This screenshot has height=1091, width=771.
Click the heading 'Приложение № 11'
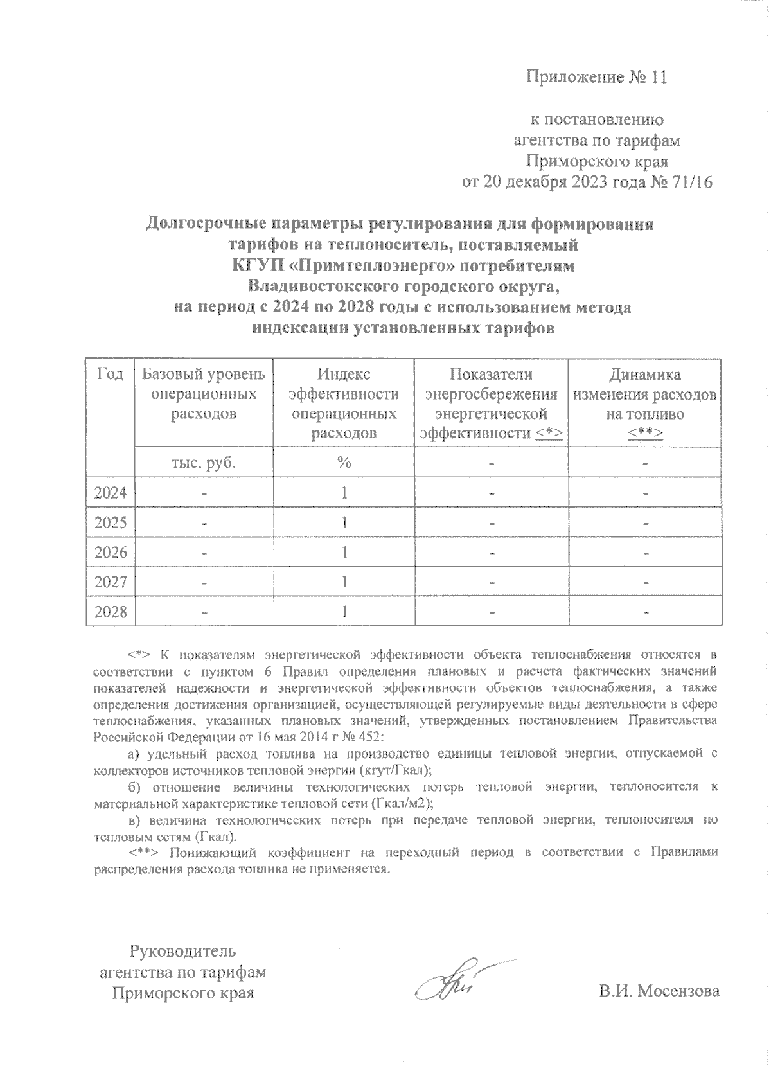click(x=597, y=78)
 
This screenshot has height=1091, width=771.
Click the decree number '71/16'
click(x=691, y=182)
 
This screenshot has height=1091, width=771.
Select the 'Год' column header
click(x=110, y=375)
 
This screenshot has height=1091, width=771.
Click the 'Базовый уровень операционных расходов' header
click(x=204, y=394)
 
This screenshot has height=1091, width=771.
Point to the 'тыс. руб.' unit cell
click(x=204, y=463)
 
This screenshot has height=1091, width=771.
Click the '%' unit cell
click(x=344, y=463)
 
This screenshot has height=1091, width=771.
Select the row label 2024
click(x=110, y=493)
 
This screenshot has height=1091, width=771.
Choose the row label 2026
click(x=110, y=552)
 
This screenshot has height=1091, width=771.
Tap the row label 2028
click(x=110, y=611)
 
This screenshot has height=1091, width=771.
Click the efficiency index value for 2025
click(x=344, y=522)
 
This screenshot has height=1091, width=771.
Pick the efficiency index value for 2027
click(x=344, y=581)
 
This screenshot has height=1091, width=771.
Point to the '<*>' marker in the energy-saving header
click(x=549, y=434)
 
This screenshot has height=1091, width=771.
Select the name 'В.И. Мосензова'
click(x=659, y=991)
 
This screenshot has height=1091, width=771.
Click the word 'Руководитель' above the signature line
click(x=183, y=951)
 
